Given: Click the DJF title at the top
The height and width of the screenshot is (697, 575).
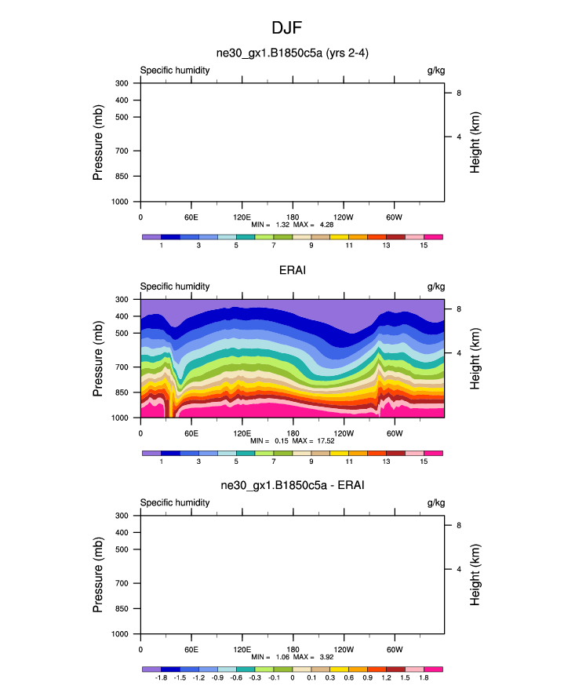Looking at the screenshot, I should [286, 27].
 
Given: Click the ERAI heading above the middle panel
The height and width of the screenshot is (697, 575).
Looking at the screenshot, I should [292, 271].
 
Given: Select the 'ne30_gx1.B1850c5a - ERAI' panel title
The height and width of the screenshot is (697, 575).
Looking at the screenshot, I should [292, 487].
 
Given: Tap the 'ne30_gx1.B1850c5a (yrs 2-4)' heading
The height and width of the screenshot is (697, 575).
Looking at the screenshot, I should [292, 54].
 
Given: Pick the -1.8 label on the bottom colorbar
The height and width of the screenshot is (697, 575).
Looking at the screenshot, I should [162, 677].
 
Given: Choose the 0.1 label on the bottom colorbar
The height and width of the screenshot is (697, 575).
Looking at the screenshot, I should [311, 677].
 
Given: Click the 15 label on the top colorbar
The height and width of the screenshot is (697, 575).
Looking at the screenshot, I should [424, 246].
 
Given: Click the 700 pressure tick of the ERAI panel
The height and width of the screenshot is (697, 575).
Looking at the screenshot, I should [123, 367].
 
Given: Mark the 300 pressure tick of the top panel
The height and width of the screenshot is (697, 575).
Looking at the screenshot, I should [123, 83].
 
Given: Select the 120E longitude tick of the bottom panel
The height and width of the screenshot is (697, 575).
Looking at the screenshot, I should [242, 648].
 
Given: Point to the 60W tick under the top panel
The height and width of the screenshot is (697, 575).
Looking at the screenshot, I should [394, 217].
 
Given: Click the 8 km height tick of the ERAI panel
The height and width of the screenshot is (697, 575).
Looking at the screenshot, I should [458, 309].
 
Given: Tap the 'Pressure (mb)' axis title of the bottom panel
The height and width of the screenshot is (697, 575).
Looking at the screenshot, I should [99, 575].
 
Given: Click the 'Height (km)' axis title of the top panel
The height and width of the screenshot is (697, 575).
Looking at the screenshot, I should [475, 143].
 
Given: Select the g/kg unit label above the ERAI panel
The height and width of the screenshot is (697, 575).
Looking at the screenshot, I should [435, 286].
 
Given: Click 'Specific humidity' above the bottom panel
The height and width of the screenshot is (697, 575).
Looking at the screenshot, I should [175, 502].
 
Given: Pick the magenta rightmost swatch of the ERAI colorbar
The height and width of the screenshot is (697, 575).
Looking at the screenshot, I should [433, 453].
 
